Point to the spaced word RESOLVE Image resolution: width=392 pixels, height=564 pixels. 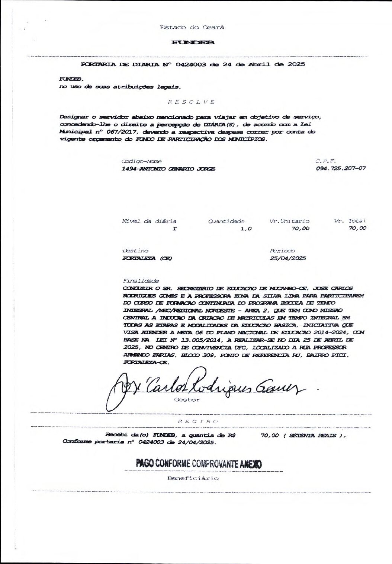tap(192, 102)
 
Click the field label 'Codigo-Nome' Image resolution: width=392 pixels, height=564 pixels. tap(141, 161)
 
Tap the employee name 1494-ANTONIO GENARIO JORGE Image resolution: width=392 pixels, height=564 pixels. tap(168, 169)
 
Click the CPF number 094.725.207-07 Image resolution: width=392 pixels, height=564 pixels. tap(340, 168)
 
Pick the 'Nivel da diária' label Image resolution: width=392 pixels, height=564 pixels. tap(149, 221)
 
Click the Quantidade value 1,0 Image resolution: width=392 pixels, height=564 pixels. tap(246, 229)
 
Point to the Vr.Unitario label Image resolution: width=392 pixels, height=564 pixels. tap(289, 221)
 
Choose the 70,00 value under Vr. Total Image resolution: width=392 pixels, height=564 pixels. tap(357, 228)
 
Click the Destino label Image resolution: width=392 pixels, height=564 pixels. tap(135, 251)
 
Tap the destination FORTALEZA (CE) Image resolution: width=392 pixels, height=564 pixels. tap(147, 258)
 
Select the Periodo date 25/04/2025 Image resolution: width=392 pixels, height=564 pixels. tap(288, 258)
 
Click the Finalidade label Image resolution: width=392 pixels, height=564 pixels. tap(140, 281)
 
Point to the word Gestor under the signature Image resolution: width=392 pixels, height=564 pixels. tap(187, 400)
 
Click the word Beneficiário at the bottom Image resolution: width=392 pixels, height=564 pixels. tap(193, 478)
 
